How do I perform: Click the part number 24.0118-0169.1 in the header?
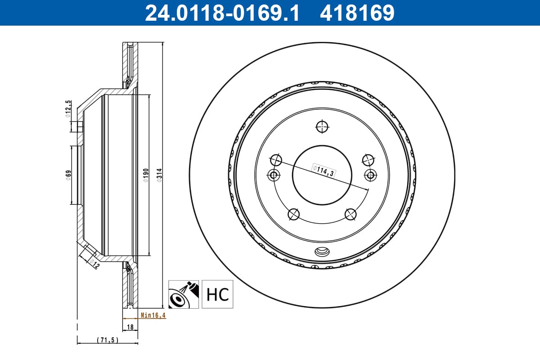pos(222,13)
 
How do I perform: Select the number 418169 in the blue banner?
pos(357,13)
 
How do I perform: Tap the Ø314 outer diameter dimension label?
pos(159,175)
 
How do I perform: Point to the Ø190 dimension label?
pos(146,175)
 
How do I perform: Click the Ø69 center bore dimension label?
pos(68,175)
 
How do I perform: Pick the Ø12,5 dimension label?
pos(68,109)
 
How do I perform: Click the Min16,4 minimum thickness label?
pos(153,315)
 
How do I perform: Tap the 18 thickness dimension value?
pos(130,327)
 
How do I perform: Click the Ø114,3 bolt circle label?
pos(324,171)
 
